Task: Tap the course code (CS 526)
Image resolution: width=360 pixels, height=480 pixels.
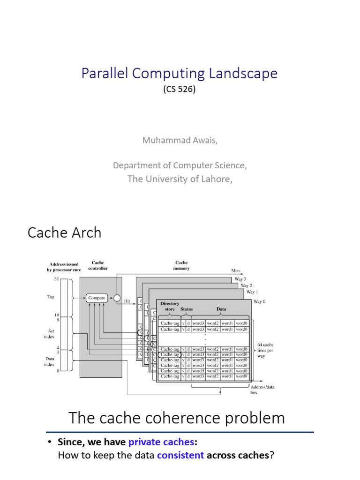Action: pyautogui.click(x=180, y=89)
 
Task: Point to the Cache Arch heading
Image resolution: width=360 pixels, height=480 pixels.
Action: pyautogui.click(x=64, y=232)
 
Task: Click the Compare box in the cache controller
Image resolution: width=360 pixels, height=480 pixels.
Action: pyautogui.click(x=96, y=297)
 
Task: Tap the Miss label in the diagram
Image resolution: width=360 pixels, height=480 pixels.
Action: pyautogui.click(x=235, y=270)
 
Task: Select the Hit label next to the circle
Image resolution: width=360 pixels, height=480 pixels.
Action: pyautogui.click(x=127, y=301)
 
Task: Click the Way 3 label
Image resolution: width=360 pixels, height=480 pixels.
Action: pyautogui.click(x=240, y=279)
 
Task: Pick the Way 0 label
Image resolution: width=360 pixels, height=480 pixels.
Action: pyautogui.click(x=259, y=301)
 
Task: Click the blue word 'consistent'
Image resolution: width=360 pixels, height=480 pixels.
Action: pyautogui.click(x=180, y=455)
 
